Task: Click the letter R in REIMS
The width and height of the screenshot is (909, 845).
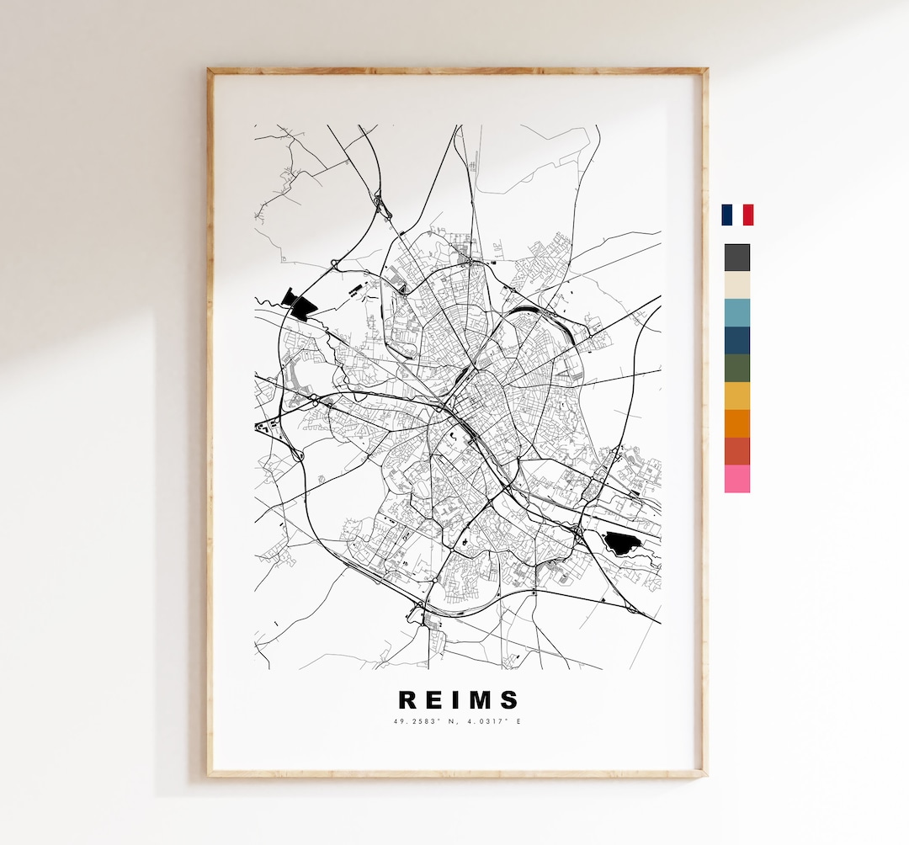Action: coord(408,700)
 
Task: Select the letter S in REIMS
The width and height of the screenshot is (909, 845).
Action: coord(509,700)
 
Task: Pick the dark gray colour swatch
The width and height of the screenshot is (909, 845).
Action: coord(736,258)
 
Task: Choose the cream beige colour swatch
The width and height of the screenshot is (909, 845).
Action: coord(736,285)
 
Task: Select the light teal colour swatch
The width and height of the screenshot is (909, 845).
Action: coord(736,313)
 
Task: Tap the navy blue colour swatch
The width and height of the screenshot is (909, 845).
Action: coord(736,341)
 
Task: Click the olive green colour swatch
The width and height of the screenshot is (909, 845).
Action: coord(736,369)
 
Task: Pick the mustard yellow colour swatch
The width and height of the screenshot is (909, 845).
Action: coord(736,396)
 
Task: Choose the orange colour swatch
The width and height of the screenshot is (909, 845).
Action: coord(736,423)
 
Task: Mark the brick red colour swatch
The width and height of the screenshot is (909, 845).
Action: coord(736,451)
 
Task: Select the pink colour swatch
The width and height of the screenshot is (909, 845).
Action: coord(736,479)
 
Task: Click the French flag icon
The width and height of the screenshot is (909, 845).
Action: coord(737,215)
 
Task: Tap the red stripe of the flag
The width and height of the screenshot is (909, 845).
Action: coord(748,215)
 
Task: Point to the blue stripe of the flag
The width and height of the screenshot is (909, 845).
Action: coord(726,215)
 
